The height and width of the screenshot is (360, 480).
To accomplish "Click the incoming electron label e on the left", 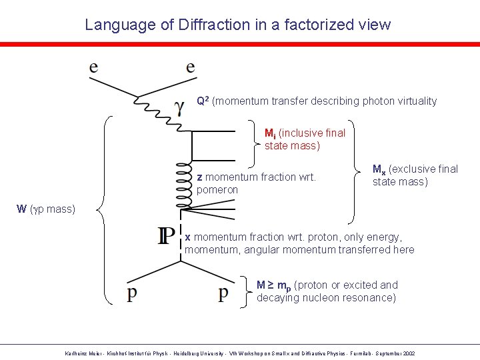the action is pos(94,67).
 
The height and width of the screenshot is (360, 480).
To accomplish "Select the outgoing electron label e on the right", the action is pos(191,67).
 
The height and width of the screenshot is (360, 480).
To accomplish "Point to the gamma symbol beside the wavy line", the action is pos(179,106).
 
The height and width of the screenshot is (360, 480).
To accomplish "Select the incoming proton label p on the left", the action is pos(134,293).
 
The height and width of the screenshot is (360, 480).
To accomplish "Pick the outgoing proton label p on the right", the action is pos(224,293).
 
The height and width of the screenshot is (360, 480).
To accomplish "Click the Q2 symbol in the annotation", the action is pos(203,101).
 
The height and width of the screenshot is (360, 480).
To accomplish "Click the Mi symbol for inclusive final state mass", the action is pos(270,133).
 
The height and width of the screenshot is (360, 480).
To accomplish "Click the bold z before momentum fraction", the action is pos(200,177).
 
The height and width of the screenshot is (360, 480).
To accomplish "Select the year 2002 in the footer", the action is pos(407,353).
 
